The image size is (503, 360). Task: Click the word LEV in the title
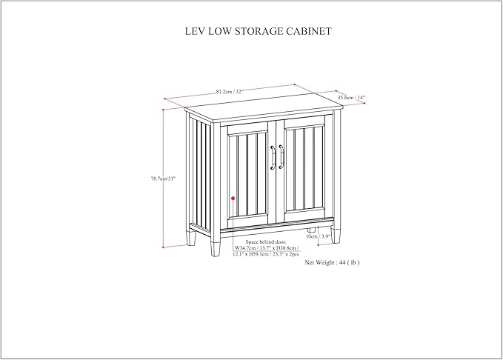(195, 31)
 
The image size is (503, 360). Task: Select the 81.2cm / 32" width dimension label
(230, 91)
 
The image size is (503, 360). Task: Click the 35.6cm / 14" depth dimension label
(351, 97)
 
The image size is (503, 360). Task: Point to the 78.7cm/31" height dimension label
(164, 179)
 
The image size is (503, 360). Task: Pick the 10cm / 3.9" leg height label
(318, 236)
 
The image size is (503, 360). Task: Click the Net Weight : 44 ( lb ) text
(332, 262)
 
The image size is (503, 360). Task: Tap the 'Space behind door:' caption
(266, 242)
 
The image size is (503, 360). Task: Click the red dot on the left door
(233, 199)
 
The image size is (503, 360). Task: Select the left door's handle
(273, 157)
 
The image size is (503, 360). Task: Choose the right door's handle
(281, 156)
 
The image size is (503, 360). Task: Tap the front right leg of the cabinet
(336, 235)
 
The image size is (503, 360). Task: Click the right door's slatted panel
(304, 170)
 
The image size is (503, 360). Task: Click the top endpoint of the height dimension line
(163, 110)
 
